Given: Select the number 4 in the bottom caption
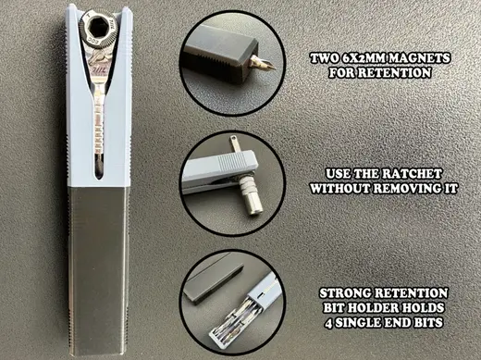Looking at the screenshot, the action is pyautogui.click(x=328, y=323).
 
